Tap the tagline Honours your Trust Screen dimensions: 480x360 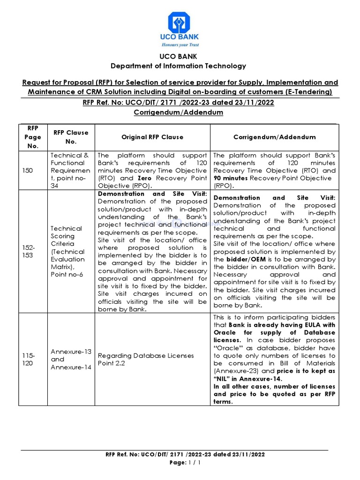(x=180, y=45)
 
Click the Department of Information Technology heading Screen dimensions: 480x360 (x=178, y=66)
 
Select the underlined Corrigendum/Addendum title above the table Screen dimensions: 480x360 (x=178, y=112)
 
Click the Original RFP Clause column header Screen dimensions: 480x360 (x=152, y=137)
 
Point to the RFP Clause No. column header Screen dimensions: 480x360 (x=71, y=137)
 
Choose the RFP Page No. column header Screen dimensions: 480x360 (x=32, y=137)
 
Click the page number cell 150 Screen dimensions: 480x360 (x=28, y=171)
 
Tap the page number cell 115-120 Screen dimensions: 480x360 (x=28, y=360)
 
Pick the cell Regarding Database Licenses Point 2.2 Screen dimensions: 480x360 (x=145, y=360)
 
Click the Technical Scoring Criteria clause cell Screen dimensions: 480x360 (x=68, y=251)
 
